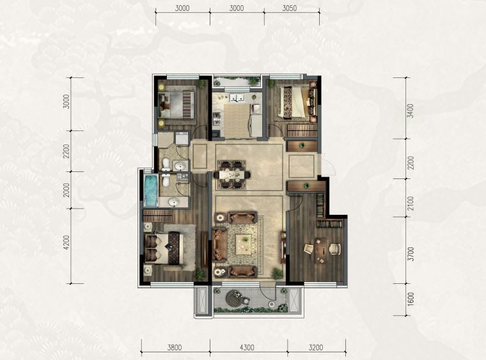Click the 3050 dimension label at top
289,8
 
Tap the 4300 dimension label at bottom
247,348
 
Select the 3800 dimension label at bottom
175,348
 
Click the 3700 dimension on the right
411,254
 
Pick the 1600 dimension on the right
411,299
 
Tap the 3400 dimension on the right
410,111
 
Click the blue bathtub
152,191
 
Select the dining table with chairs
231,175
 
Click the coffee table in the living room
243,244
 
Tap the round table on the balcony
235,298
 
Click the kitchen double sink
237,97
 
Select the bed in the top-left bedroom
176,104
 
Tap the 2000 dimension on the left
67,190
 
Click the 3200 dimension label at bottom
315,348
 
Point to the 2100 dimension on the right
411,203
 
